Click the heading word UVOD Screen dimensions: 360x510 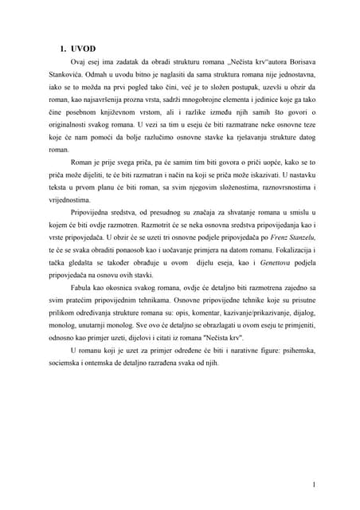pos(83,48)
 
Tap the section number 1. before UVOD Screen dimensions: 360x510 pos(64,48)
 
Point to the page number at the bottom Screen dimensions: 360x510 pos(315,462)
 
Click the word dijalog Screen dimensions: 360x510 pos(303,313)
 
